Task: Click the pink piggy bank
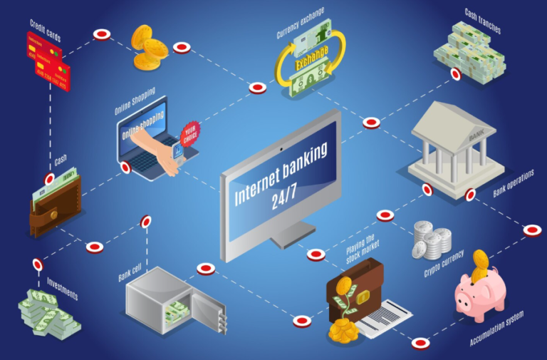[479, 294]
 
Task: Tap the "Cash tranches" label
[484, 21]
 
